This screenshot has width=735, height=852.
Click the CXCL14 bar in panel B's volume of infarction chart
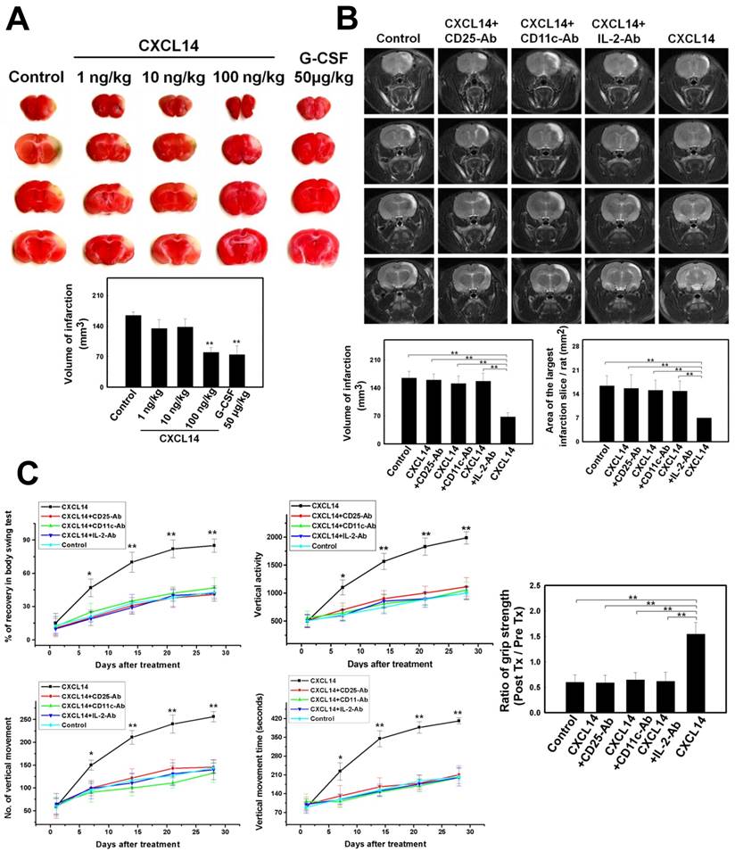[x=508, y=429]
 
